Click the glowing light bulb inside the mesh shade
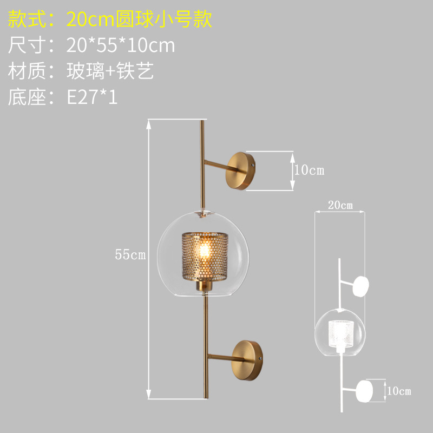[x=206, y=251]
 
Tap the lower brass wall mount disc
[x=248, y=359]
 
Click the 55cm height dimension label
[x=130, y=255]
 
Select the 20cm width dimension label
[x=340, y=205]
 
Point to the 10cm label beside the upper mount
[x=309, y=170]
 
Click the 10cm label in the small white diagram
[x=398, y=391]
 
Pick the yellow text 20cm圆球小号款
[x=139, y=19]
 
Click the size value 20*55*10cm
[x=121, y=45]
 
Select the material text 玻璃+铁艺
[x=110, y=71]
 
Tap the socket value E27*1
[x=92, y=97]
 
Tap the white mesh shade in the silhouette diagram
[x=340, y=332]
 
